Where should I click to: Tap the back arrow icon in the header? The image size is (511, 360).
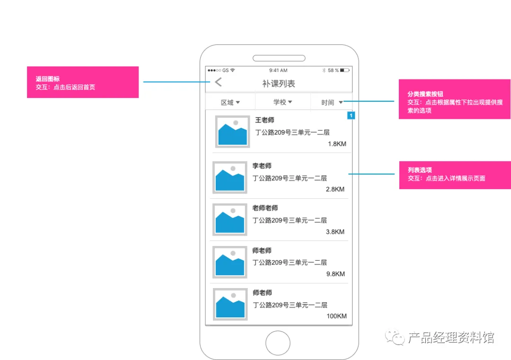(218, 82)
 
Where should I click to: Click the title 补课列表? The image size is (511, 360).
(279, 84)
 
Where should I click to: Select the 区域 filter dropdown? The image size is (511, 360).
(230, 102)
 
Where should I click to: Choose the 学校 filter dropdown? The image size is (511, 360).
(282, 102)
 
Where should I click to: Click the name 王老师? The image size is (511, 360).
(264, 120)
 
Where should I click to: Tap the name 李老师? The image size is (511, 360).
(262, 166)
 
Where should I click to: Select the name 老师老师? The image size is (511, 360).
(265, 208)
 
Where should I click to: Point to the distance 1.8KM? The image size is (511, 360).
(337, 144)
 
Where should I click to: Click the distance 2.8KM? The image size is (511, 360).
(335, 189)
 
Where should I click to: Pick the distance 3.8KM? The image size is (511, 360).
(335, 232)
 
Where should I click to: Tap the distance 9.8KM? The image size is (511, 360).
(335, 274)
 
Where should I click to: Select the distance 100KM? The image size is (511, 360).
(336, 316)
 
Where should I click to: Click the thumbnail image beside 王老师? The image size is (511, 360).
(232, 132)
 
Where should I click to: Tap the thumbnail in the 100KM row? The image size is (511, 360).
(230, 304)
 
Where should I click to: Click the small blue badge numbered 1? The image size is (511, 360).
(351, 115)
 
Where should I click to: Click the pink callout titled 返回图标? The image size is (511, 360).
(83, 82)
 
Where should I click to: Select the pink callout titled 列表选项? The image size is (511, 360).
(455, 175)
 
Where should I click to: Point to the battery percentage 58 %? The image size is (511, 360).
(333, 70)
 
